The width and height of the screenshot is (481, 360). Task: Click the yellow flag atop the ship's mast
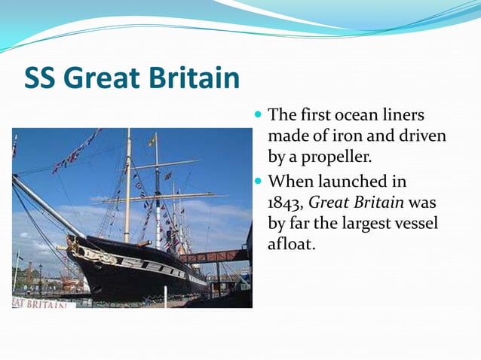click(153, 139)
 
